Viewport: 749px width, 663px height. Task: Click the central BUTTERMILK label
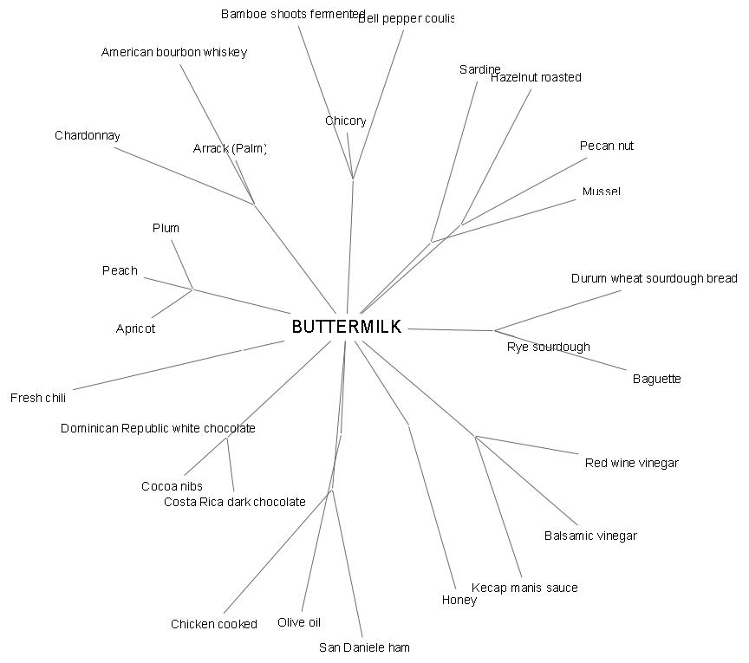(x=347, y=327)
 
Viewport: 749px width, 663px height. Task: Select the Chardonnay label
(x=88, y=136)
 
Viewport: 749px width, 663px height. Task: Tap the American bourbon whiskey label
(x=174, y=53)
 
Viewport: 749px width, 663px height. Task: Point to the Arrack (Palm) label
(x=229, y=149)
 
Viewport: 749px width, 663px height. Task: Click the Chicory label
(x=346, y=121)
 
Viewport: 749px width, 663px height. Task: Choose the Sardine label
(x=479, y=70)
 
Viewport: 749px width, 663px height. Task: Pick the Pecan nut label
(x=607, y=146)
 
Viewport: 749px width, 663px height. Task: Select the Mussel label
(x=601, y=192)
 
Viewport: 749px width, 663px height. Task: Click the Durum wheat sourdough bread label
(x=655, y=279)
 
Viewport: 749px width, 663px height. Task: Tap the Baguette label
(x=656, y=380)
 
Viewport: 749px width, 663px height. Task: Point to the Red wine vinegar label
(x=631, y=464)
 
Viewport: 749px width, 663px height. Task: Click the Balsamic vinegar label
(x=590, y=536)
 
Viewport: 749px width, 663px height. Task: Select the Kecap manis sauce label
(x=524, y=588)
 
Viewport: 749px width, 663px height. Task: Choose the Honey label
(x=459, y=601)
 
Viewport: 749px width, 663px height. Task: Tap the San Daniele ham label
(x=364, y=648)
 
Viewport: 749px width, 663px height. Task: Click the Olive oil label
(x=299, y=623)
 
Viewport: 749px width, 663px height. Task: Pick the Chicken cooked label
(x=214, y=625)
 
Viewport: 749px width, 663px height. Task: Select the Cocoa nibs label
(x=172, y=487)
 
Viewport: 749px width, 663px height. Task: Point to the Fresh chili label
(x=38, y=399)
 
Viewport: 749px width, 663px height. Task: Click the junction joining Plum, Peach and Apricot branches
(x=192, y=289)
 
